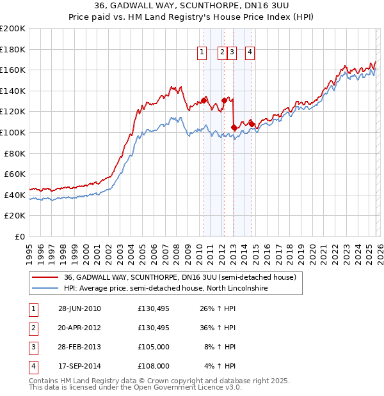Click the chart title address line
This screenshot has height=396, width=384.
point(192,6)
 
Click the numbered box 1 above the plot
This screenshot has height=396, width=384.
point(202,53)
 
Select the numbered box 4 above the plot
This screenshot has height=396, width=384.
point(249,53)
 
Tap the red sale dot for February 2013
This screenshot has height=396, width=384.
point(234,128)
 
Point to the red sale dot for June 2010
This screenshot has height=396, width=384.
point(204,100)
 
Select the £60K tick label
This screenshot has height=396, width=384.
point(15,174)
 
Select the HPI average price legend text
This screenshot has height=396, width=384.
point(165,289)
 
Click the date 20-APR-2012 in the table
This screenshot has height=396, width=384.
point(79,328)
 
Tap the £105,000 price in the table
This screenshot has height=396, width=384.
point(153,347)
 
